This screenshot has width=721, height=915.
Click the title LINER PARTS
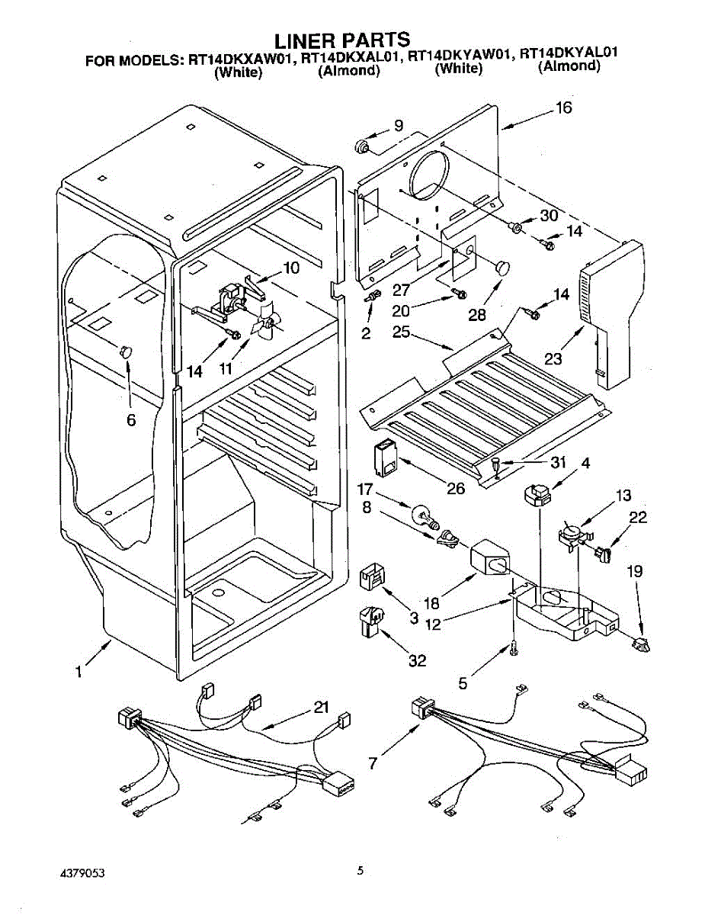point(342,39)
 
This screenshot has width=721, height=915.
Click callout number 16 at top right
point(563,108)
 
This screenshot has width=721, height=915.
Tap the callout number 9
point(399,126)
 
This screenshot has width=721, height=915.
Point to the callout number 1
point(79,672)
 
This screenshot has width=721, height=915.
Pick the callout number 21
point(321,708)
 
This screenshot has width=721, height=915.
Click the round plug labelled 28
point(502,266)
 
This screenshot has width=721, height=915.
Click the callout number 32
point(417,661)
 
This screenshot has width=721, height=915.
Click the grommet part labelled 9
point(364,146)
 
